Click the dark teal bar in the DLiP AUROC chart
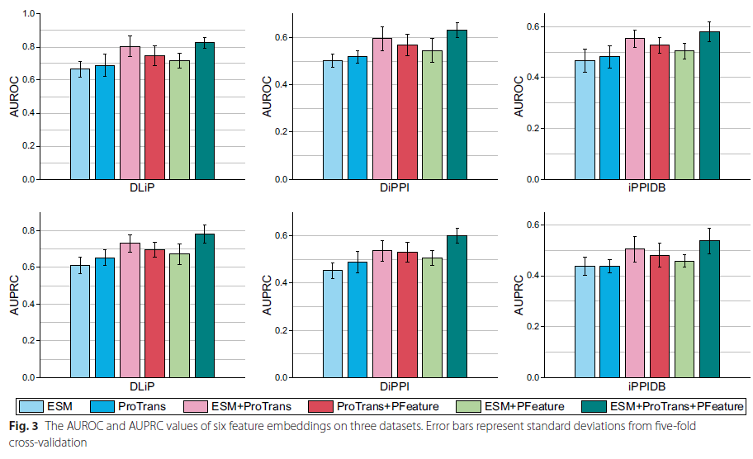(204, 111)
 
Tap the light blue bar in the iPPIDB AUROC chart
(585, 120)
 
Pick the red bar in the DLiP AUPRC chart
(154, 313)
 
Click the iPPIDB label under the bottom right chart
(647, 386)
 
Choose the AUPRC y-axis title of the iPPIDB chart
(519, 296)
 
